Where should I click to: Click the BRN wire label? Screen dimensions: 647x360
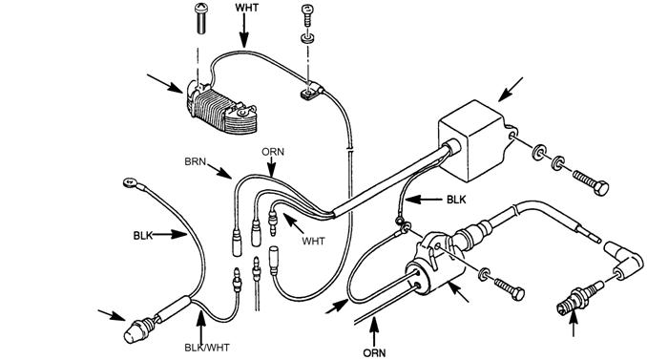tap(195, 161)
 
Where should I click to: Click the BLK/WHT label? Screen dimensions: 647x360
tap(207, 348)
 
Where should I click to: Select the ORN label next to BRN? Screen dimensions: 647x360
tap(273, 152)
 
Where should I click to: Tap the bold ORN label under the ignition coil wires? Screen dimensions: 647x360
tap(374, 353)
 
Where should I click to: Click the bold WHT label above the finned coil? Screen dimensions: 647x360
tap(247, 8)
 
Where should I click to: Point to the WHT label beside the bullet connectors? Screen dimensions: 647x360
tap(313, 241)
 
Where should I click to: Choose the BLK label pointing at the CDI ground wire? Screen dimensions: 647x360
tap(456, 200)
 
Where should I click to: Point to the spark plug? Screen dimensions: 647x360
tap(578, 298)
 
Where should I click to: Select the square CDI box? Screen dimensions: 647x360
tap(475, 139)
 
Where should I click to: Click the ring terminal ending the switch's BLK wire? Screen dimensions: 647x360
tap(131, 182)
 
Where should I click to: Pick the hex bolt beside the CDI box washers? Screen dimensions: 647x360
tap(591, 182)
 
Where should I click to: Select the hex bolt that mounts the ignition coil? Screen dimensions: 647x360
tap(510, 288)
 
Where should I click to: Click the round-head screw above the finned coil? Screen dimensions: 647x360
tap(201, 18)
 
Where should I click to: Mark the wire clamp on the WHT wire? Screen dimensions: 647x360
tap(311, 91)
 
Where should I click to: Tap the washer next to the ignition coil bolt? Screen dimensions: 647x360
tap(484, 274)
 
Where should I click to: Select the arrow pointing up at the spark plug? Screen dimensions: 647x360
tap(574, 324)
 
